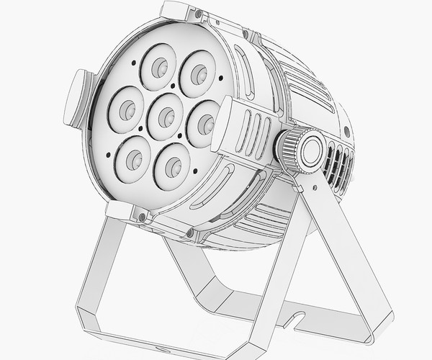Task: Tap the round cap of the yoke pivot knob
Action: (x=312, y=150)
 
